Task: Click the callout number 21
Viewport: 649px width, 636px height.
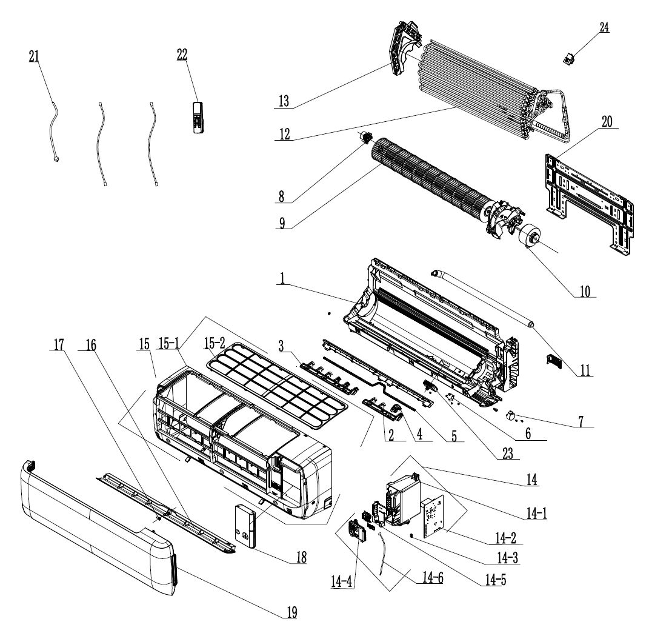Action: click(x=33, y=56)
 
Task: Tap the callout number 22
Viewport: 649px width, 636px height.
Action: click(x=182, y=53)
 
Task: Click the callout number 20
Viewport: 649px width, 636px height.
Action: click(x=607, y=121)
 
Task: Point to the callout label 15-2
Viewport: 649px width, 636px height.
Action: click(x=217, y=343)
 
